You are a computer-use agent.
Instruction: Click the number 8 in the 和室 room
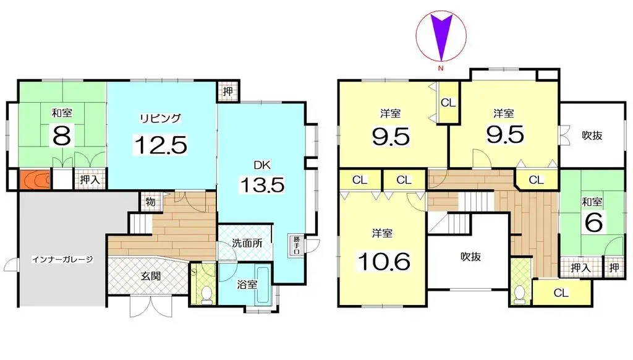pos(61,136)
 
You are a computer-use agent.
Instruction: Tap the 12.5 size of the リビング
pos(160,145)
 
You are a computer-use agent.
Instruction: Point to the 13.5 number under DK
pos(260,185)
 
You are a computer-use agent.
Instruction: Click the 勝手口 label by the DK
pos(297,245)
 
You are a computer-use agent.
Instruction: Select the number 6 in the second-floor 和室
pos(593,223)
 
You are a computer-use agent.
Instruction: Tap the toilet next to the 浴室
pos(206,292)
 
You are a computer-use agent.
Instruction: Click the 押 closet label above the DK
pos(227,92)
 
